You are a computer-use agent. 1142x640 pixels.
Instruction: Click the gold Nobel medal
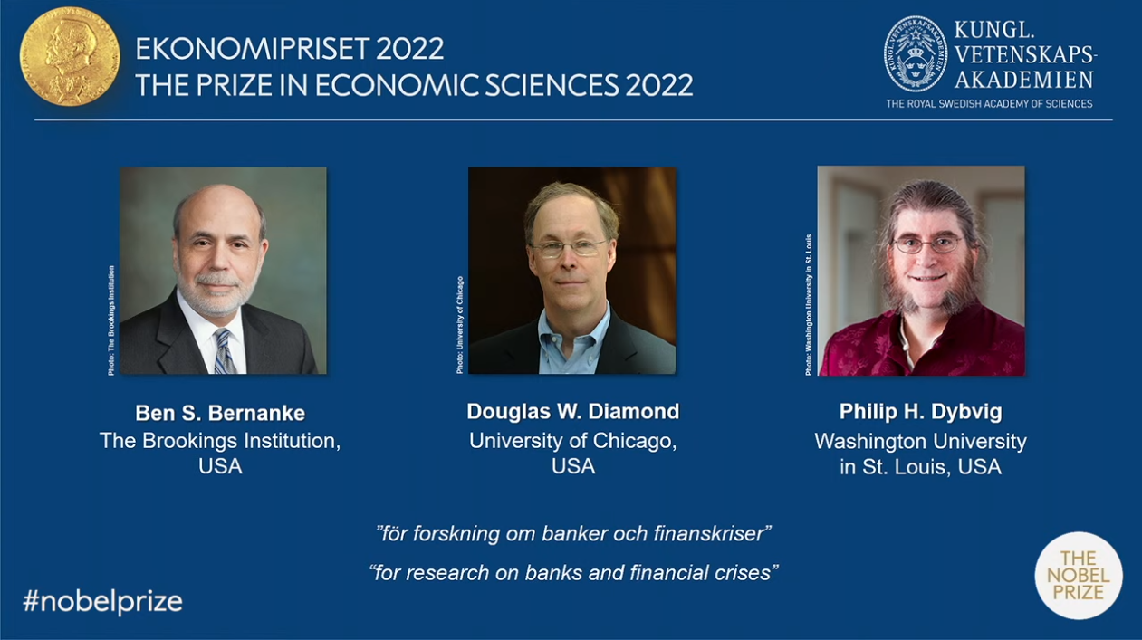70,56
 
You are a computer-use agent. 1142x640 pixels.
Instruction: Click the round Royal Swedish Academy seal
915,54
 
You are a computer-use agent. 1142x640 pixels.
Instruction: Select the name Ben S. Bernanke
220,413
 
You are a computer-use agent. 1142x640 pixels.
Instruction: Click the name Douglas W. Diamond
573,411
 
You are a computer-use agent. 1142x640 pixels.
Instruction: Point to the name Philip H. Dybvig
921,412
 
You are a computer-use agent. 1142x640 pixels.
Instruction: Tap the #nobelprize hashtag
102,601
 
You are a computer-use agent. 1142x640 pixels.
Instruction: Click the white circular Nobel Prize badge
1079,576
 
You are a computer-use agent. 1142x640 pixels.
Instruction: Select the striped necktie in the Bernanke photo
224,350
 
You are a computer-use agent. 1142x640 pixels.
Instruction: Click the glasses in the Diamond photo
570,248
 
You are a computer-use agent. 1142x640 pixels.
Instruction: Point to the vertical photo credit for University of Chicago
460,325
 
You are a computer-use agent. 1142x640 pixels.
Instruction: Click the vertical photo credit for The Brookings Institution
111,320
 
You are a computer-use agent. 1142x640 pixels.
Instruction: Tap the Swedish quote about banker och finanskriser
573,533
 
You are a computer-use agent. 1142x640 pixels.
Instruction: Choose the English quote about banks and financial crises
573,573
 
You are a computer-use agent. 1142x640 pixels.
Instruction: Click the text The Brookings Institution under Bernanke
220,441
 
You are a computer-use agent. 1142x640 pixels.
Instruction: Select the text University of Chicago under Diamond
573,441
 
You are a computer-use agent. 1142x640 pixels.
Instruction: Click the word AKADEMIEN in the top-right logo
1023,80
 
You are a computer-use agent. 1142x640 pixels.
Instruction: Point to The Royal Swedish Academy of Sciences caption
989,104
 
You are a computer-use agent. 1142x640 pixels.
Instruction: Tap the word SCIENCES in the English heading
552,85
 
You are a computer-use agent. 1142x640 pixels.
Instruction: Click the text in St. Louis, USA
921,467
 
